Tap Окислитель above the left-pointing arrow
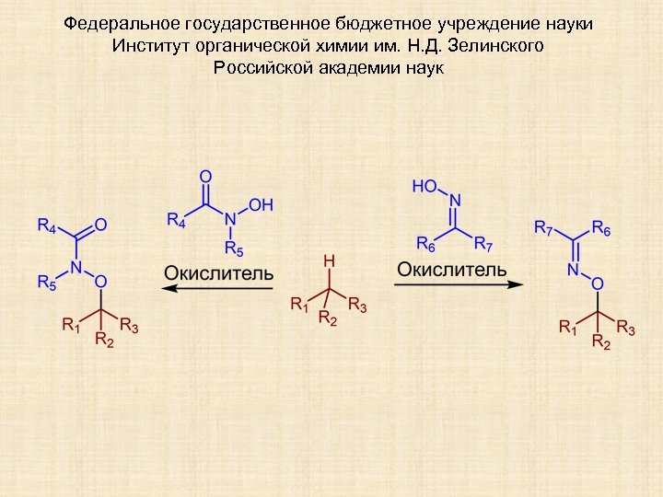(x=218, y=272)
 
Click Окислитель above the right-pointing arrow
(x=452, y=269)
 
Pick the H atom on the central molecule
(x=329, y=261)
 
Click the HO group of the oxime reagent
(x=425, y=187)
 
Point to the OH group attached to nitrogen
(x=261, y=205)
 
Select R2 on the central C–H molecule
(x=329, y=318)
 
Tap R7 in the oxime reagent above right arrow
(x=484, y=245)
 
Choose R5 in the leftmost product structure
(x=48, y=283)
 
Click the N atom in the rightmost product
(x=572, y=270)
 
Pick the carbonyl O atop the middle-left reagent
(x=204, y=176)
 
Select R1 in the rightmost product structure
(x=570, y=326)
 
